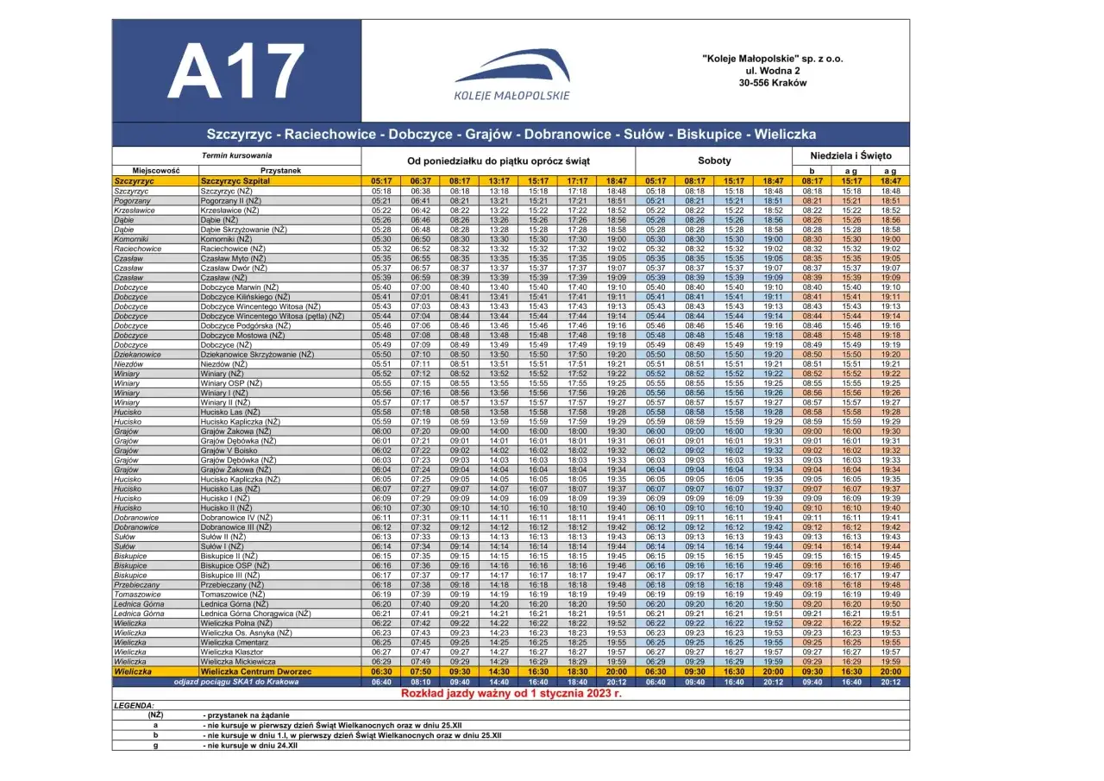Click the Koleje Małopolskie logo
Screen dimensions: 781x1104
click(511, 74)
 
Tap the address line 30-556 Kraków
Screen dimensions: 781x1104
click(772, 83)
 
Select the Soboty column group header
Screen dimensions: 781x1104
click(714, 161)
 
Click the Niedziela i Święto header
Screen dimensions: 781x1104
click(850, 155)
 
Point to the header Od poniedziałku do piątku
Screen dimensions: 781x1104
click(498, 161)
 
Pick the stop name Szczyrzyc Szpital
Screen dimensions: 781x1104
click(235, 181)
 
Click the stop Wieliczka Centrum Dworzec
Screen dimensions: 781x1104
click(250, 671)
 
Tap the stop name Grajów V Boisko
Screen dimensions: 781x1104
click(229, 450)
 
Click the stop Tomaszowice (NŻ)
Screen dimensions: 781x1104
click(232, 595)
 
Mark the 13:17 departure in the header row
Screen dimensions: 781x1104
click(499, 181)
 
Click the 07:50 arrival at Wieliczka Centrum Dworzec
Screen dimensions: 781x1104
click(421, 671)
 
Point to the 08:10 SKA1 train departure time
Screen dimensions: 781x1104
click(421, 682)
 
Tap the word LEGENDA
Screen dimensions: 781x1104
click(134, 705)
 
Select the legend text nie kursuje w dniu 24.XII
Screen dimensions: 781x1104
click(250, 745)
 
